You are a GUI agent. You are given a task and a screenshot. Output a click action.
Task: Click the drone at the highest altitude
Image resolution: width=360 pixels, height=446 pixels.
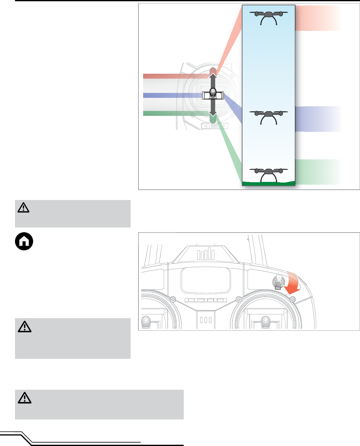(x=268, y=18)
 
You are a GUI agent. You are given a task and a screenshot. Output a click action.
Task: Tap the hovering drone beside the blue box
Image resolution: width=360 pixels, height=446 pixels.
(x=268, y=117)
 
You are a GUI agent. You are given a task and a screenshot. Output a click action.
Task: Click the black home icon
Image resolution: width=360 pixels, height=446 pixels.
(x=24, y=241)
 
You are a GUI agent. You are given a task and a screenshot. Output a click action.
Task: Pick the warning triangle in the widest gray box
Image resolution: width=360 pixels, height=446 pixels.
(x=25, y=398)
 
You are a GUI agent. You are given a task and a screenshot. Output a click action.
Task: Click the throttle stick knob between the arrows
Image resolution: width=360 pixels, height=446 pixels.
(x=213, y=93)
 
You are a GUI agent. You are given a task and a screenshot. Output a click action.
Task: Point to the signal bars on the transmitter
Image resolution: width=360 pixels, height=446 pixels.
(x=206, y=254)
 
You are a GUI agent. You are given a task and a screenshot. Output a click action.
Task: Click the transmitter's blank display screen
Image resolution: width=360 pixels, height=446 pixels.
(x=206, y=280)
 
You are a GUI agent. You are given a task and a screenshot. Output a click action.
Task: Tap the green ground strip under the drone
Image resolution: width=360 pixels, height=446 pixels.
(x=268, y=183)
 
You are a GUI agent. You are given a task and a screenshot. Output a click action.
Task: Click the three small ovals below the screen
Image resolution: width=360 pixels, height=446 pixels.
(x=206, y=320)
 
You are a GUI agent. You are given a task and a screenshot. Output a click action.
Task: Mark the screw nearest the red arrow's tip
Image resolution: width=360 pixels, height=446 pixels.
(x=292, y=300)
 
